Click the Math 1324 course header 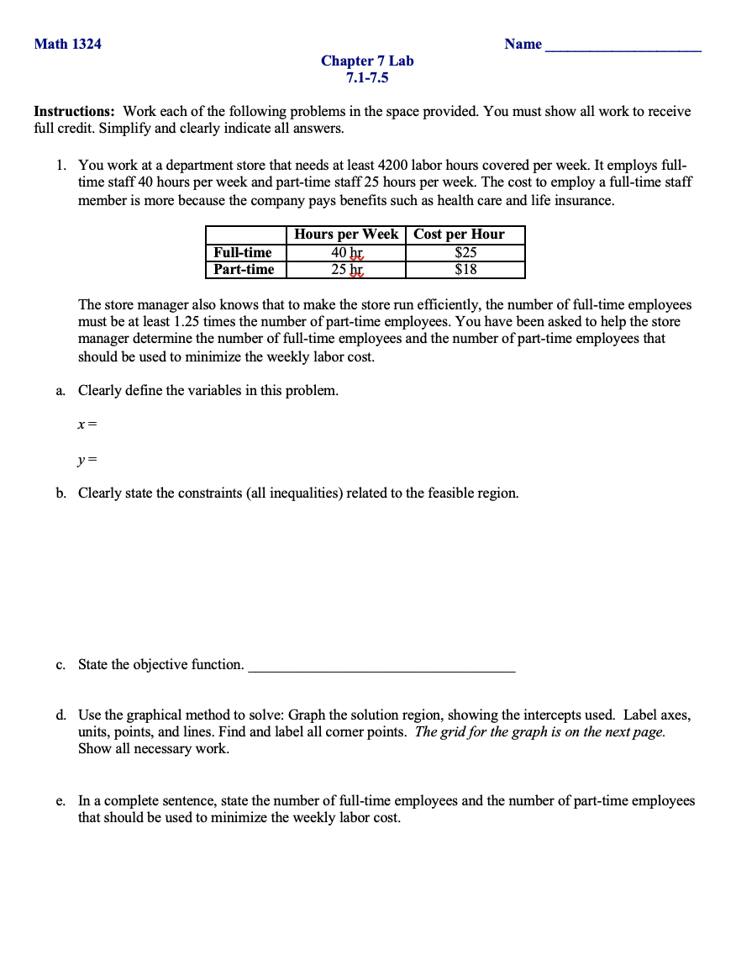pos(67,44)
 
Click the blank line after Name pos(623,46)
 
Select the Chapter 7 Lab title pos(367,61)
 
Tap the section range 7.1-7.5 pos(367,78)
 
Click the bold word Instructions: pos(75,111)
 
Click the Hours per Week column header pos(346,235)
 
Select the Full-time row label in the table pos(243,252)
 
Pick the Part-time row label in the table pos(244,269)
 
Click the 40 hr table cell pos(346,252)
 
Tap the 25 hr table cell pos(346,269)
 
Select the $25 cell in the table pos(465,252)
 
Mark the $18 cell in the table pos(465,269)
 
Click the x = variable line pos(87,425)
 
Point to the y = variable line pos(87,460)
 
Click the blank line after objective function pos(381,667)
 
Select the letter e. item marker pos(60,800)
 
